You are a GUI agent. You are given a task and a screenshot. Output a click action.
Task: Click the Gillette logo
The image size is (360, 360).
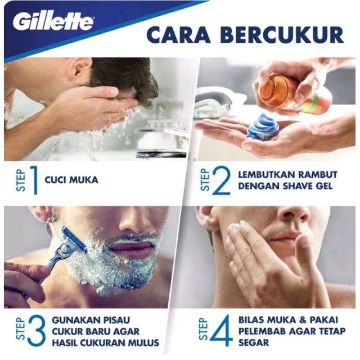pos(54,22)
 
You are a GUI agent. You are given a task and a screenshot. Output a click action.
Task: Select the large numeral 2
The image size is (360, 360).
pos(221,180)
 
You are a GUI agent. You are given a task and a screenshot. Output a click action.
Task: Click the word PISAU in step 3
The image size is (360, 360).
pos(115,320)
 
